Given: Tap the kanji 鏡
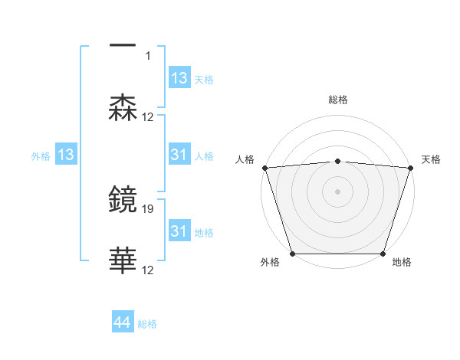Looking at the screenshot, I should pos(123,199).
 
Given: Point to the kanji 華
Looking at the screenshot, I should pos(123,261).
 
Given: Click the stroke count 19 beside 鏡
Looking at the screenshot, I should pos(149,208).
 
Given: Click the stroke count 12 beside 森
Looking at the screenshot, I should pos(149,117).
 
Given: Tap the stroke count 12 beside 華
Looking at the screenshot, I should pos(149,270).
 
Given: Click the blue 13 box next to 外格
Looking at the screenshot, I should pos(66,155).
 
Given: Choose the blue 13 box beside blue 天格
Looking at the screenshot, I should pos(179,78).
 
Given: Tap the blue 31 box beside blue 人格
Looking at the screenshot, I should pos(179,155).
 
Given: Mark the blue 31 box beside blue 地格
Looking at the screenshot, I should pos(179,231).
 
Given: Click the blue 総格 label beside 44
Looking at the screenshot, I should pos(148,324).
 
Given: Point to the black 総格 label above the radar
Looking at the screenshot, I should pos(338,100).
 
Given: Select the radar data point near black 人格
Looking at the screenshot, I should pos(264,168).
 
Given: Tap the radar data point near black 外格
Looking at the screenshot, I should pos(292,254).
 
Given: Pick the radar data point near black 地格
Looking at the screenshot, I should pos(383,254).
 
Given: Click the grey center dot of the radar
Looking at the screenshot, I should pos(338,191).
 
